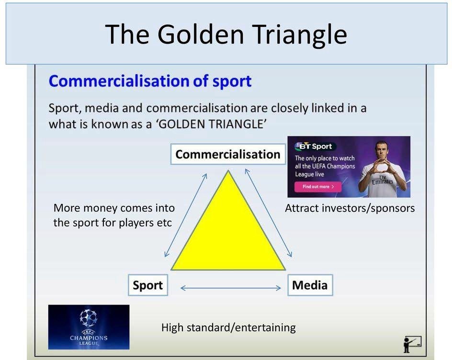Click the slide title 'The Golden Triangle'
pyautogui.click(x=226, y=34)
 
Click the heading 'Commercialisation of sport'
pyautogui.click(x=150, y=81)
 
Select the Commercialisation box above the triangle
pyautogui.click(x=227, y=155)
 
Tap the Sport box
pyautogui.click(x=147, y=285)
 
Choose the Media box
pyautogui.click(x=310, y=285)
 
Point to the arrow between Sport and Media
pyautogui.click(x=230, y=288)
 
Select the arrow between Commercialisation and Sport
pyautogui.click(x=186, y=215)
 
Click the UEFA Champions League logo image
pyautogui.click(x=89, y=327)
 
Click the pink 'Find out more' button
pyautogui.click(x=318, y=187)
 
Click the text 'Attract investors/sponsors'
pyautogui.click(x=350, y=208)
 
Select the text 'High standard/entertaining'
pyautogui.click(x=228, y=328)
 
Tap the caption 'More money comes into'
pyautogui.click(x=114, y=208)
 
